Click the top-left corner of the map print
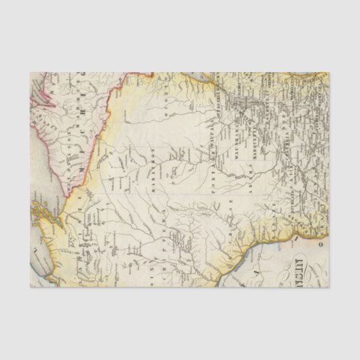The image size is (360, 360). [x=31, y=73]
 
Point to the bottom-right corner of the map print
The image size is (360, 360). [x=329, y=287]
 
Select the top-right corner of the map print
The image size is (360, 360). [x=329, y=73]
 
